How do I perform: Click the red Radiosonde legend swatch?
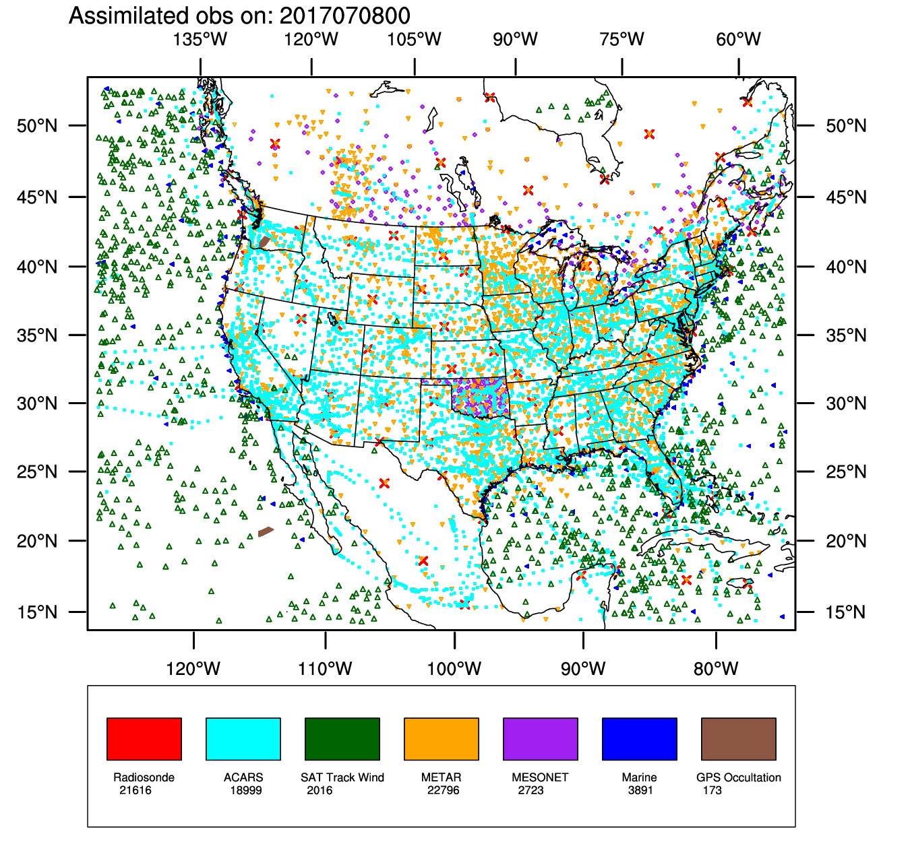[x=144, y=739]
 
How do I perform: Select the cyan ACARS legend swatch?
[x=243, y=739]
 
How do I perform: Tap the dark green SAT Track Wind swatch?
[x=342, y=739]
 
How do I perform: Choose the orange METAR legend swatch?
[x=441, y=739]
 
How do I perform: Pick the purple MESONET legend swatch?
[x=540, y=739]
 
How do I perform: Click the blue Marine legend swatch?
[x=639, y=739]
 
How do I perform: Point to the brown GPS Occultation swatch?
[x=738, y=739]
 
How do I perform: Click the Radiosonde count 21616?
[x=135, y=790]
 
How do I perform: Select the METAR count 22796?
[x=443, y=790]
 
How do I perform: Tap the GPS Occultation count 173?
[x=712, y=790]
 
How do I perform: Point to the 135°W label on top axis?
[x=200, y=39]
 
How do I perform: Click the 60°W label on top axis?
[x=739, y=39]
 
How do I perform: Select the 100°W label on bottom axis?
[x=454, y=669]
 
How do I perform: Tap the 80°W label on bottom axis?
[x=716, y=669]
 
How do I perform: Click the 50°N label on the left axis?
[x=37, y=126]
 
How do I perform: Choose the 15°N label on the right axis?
[x=847, y=612]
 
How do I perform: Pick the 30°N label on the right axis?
[x=847, y=403]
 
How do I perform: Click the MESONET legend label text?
[x=540, y=777]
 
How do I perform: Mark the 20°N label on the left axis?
[x=37, y=541]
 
